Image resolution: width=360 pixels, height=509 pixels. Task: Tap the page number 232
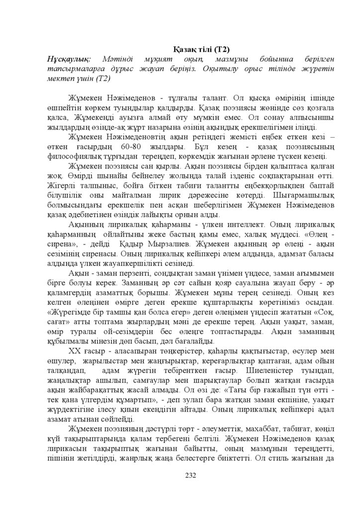point(191,474)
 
